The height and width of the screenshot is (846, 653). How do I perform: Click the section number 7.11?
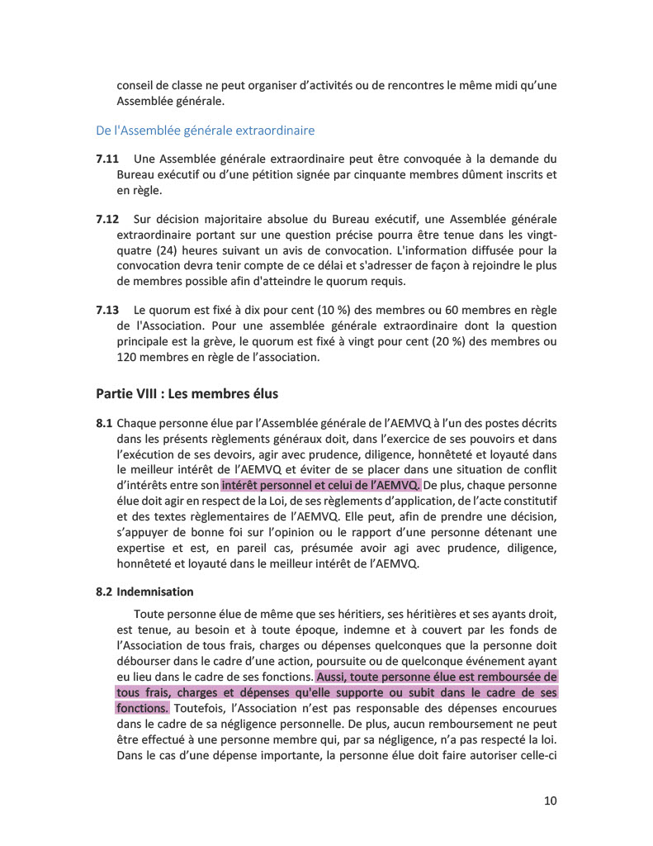[107, 159]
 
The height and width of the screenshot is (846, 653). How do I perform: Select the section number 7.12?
[107, 219]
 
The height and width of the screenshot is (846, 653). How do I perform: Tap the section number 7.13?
[107, 310]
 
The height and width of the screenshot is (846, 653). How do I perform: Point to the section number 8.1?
[104, 423]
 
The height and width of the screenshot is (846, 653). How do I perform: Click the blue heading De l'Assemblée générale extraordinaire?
[205, 131]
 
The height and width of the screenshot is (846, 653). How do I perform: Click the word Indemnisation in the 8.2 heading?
[155, 592]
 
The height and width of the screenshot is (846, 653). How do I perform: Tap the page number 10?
[551, 800]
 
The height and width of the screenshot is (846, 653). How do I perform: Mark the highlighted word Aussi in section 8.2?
[332, 677]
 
